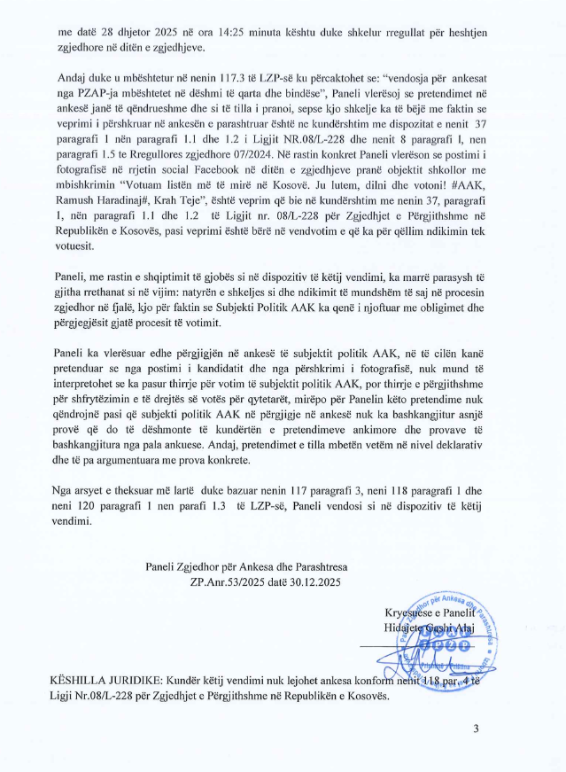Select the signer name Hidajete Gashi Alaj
pos(430,628)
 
